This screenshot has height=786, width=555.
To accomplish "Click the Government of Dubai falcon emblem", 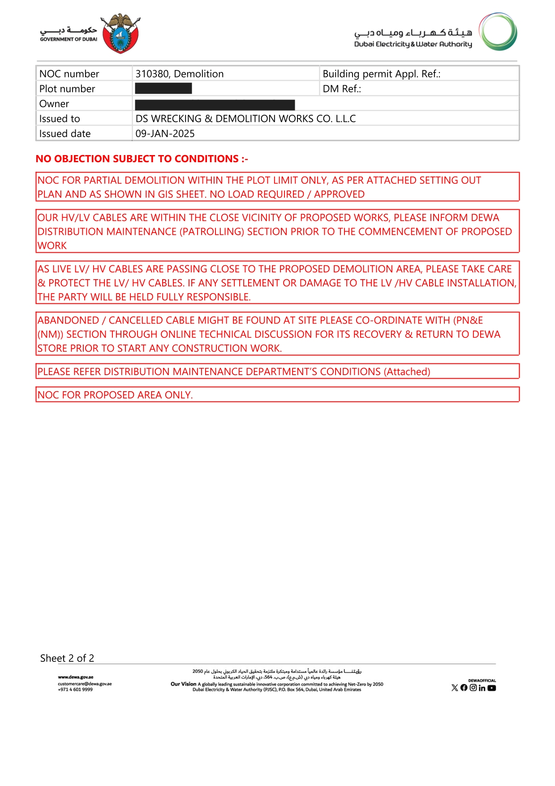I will pyautogui.click(x=120, y=34).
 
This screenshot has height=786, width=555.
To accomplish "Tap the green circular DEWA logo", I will pyautogui.click(x=498, y=31).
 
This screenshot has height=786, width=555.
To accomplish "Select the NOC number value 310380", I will pyautogui.click(x=151, y=74).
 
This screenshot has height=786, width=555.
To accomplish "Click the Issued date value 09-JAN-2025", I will pyautogui.click(x=165, y=134).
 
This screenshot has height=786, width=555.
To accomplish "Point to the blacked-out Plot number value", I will pyautogui.click(x=163, y=89).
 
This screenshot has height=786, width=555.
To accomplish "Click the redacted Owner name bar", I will pyautogui.click(x=215, y=104).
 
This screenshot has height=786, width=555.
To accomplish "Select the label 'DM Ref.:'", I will pyautogui.click(x=341, y=89).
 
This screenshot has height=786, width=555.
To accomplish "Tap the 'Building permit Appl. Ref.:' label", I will pyautogui.click(x=381, y=74).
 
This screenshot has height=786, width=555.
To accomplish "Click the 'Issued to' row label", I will pyautogui.click(x=60, y=119).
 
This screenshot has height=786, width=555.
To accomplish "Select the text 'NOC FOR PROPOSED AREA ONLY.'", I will pyautogui.click(x=115, y=395).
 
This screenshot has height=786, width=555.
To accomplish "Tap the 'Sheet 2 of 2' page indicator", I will pyautogui.click(x=67, y=658).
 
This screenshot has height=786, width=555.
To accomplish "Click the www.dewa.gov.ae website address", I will pyautogui.click(x=75, y=677).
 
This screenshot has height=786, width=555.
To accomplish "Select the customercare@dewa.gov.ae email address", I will pyautogui.click(x=85, y=683).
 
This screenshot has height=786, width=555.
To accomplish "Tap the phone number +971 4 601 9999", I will pyautogui.click(x=75, y=689).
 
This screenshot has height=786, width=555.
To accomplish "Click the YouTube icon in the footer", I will pyautogui.click(x=491, y=688).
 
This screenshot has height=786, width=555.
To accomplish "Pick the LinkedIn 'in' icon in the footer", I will pyautogui.click(x=482, y=688).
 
